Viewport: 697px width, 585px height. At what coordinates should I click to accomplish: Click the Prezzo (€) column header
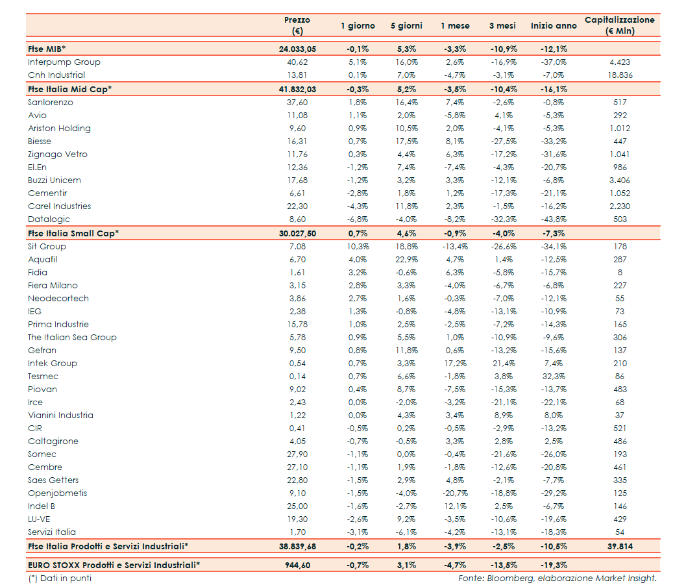297,25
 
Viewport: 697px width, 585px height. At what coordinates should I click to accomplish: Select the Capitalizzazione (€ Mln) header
619,25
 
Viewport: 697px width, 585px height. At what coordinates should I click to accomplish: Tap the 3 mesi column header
502,26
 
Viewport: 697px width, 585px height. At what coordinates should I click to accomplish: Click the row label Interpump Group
64,62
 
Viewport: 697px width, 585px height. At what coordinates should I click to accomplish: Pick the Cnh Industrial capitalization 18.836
620,75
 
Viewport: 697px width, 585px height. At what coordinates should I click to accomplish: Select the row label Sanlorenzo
51,103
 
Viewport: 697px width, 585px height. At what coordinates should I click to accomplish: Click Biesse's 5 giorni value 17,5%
406,142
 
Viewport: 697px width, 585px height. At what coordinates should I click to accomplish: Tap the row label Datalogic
49,219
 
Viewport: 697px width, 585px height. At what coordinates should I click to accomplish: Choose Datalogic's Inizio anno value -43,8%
553,219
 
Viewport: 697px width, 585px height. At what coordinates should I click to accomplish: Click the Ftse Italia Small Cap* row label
73,233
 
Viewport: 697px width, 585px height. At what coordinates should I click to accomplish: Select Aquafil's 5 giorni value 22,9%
406,260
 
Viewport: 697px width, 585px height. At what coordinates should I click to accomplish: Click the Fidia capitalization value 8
620,273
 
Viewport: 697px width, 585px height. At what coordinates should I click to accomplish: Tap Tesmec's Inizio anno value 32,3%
553,377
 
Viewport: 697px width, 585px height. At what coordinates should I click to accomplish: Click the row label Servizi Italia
52,532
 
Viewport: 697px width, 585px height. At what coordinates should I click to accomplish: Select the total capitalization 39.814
620,546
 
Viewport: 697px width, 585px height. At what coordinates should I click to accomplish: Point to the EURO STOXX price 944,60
297,565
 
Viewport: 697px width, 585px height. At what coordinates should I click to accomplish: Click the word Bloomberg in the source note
512,578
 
